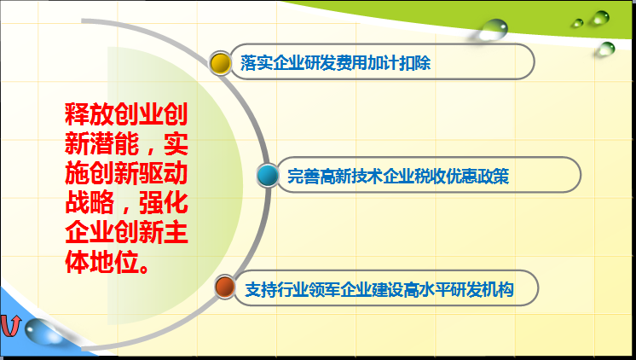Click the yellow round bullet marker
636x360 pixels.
[x=220, y=63]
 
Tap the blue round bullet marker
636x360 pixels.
[x=268, y=176]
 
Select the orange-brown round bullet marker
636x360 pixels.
[x=225, y=287]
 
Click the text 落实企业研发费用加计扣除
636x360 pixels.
[x=335, y=62]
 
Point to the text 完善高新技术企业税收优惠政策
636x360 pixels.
[x=398, y=176]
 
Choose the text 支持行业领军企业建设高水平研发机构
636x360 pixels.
[x=379, y=289]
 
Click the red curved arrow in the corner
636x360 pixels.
[x=10, y=326]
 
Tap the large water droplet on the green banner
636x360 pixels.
[x=494, y=30]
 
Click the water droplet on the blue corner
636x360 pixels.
[x=41, y=332]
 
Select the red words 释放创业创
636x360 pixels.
[x=126, y=113]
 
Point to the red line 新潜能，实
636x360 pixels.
[x=126, y=143]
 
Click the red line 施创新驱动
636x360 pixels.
[x=126, y=173]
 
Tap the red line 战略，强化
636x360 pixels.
[x=126, y=203]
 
